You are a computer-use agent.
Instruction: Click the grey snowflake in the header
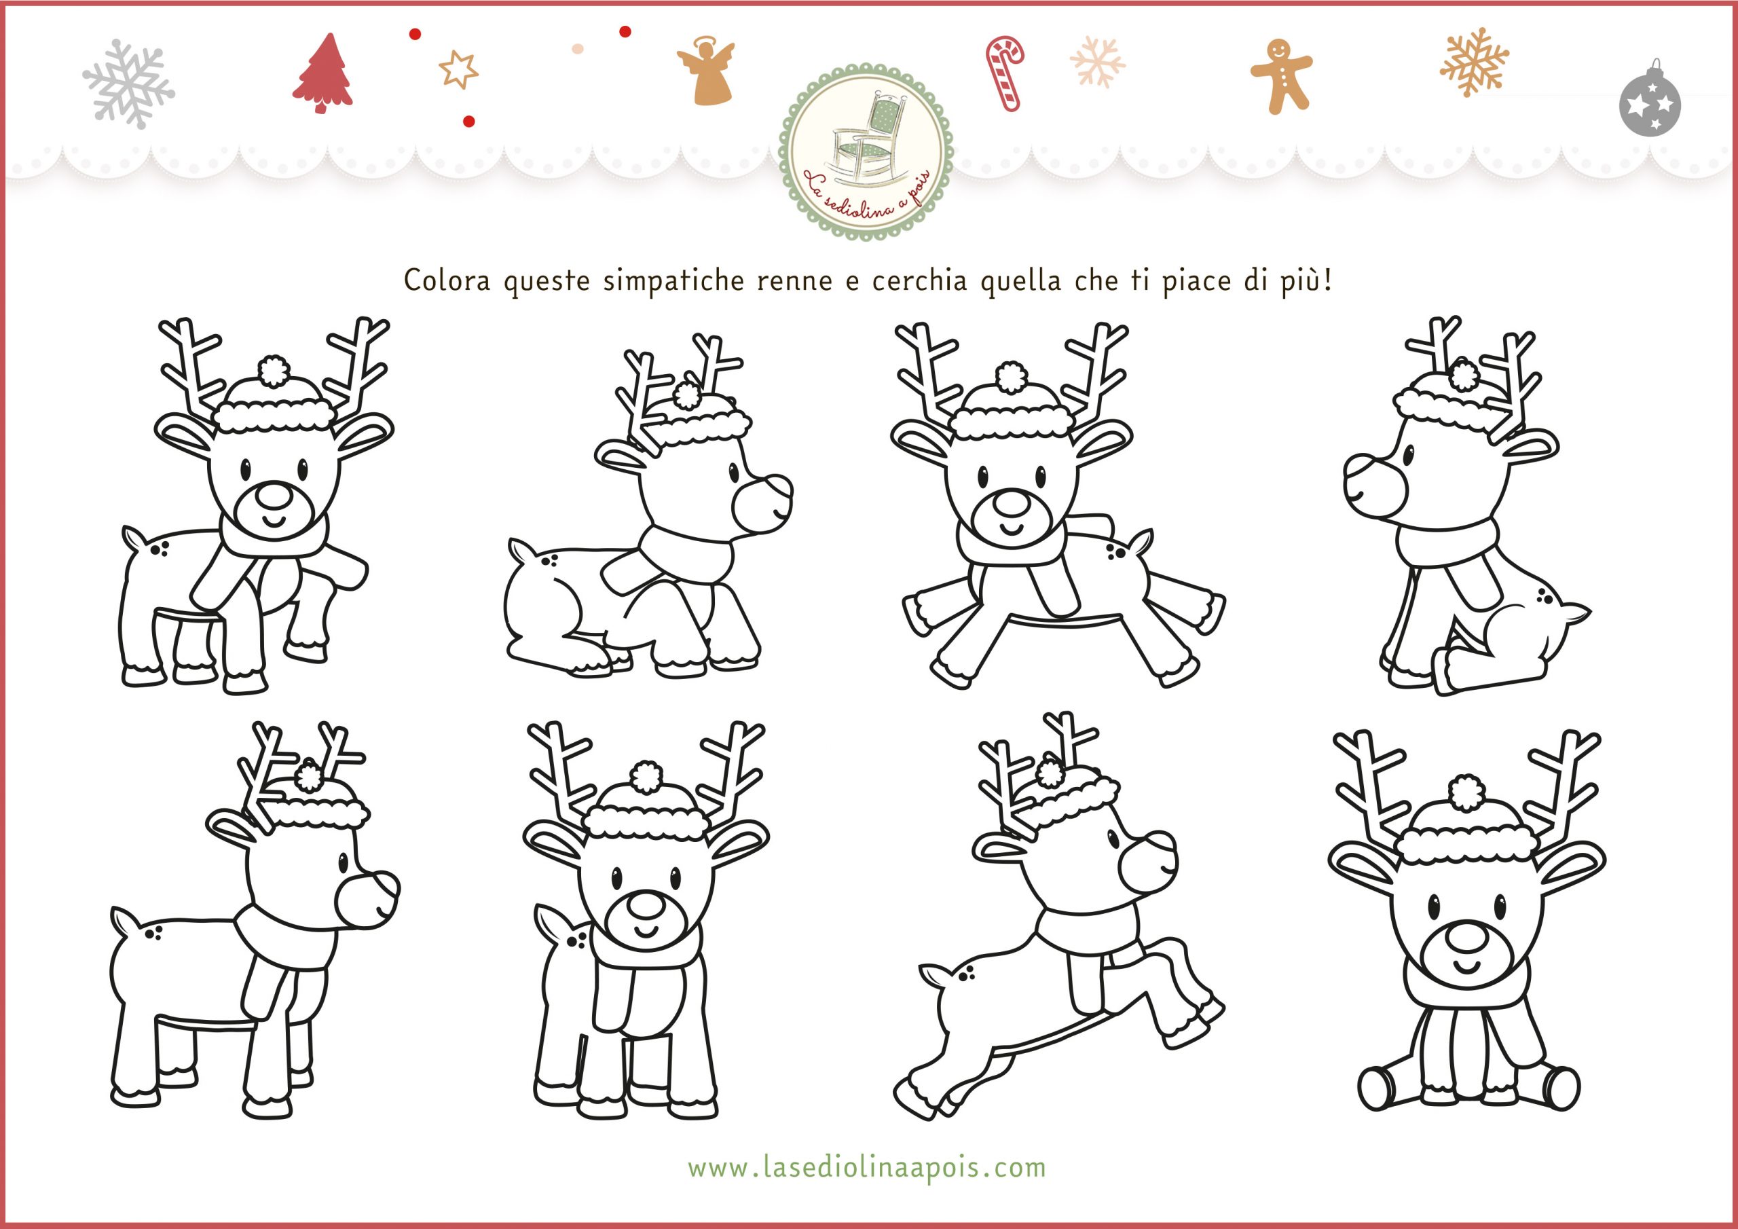(129, 84)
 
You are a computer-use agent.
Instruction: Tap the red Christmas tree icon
(322, 73)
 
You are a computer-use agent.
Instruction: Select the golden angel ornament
(705, 71)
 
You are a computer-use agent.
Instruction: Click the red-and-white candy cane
(1005, 73)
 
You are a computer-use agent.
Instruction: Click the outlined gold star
(458, 70)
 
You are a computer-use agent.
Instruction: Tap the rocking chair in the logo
(868, 136)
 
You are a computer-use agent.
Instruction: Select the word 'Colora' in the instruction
(447, 280)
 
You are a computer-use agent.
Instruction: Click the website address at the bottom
(867, 1167)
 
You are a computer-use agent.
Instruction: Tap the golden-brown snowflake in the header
(1473, 62)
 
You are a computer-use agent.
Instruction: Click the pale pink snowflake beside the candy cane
(1097, 61)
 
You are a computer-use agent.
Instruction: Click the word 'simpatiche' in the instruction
(673, 282)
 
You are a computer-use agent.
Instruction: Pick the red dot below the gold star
(468, 121)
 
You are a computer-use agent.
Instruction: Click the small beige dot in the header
(578, 48)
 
